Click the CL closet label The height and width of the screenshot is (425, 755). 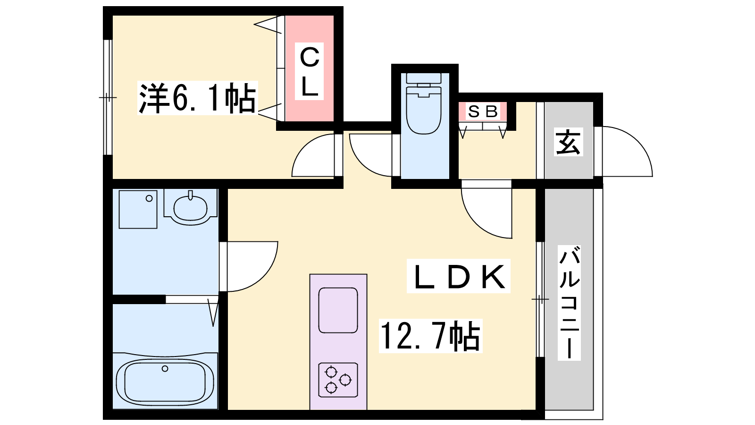pos(309,71)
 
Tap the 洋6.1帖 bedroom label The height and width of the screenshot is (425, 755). pos(197,98)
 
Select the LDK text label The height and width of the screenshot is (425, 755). pos(458,276)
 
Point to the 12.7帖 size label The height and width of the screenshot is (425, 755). pos(430,336)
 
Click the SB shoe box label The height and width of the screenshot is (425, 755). pos(483,111)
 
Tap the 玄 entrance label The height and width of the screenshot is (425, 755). pos(568,142)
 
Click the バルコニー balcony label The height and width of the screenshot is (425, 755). pos(569,303)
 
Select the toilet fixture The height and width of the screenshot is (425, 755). pos(424,103)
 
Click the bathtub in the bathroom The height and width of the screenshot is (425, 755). pos(165,382)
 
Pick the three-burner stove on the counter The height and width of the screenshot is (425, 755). pos(338,380)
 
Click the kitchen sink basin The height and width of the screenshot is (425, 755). pos(338,310)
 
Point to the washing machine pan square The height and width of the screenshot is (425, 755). pos(138,210)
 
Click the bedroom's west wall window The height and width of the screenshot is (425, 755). pos(108,97)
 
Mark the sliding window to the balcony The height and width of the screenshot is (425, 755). pos(540,299)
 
